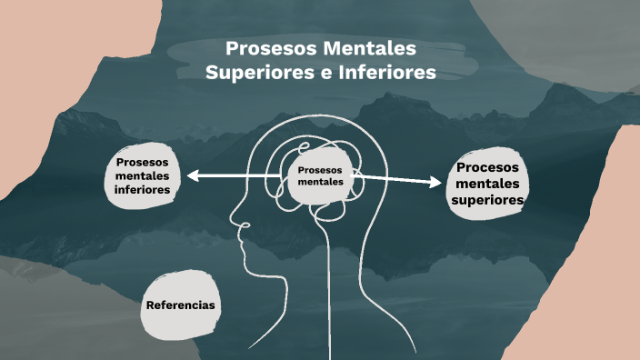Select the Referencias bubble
181,305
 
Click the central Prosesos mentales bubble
320,175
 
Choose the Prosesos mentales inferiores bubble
143,175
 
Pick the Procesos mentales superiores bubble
488,184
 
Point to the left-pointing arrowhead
193,175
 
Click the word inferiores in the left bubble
143,191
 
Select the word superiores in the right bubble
488,200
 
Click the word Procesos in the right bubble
488,168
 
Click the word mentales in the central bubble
320,181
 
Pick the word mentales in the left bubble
143,176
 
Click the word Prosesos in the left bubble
143,162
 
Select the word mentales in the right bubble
488,184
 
